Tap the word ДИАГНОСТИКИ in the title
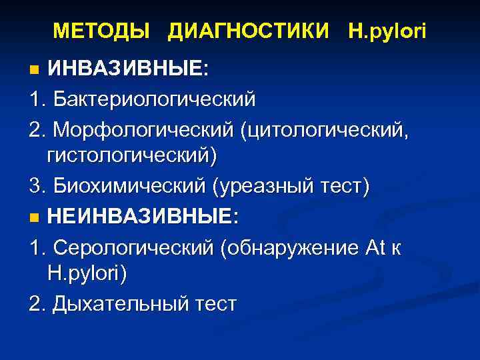tap(249, 30)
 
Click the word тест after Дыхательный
tap(211, 304)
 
